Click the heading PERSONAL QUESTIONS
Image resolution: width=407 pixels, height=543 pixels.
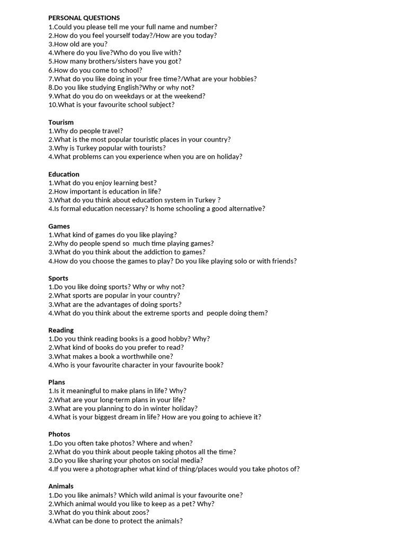pos(84,18)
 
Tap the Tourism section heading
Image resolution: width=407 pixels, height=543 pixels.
pos(61,122)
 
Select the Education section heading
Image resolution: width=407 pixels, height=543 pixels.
pos(64,174)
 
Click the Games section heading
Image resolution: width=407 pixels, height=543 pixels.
pos(59,226)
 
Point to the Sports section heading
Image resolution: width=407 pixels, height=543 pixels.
pos(59,278)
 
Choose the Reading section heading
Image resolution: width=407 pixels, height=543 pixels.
pos(61,330)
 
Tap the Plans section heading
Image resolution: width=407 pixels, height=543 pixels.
pos(57,382)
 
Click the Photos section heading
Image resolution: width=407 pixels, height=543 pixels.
pos(59,434)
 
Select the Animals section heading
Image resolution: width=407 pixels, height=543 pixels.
pos(61,486)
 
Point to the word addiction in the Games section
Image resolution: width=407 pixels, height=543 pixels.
pos(161,252)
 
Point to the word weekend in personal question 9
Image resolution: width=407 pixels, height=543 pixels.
pos(191,96)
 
